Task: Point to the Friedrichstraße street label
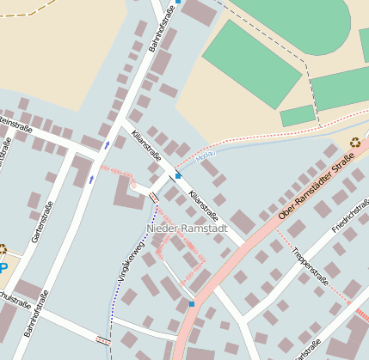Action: [350, 218]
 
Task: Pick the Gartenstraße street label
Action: [36, 223]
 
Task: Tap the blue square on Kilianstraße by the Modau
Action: [178, 175]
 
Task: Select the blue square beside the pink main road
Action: [191, 304]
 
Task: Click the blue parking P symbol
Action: [3, 267]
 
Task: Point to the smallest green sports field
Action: [298, 115]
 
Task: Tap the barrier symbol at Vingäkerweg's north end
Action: [153, 198]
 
